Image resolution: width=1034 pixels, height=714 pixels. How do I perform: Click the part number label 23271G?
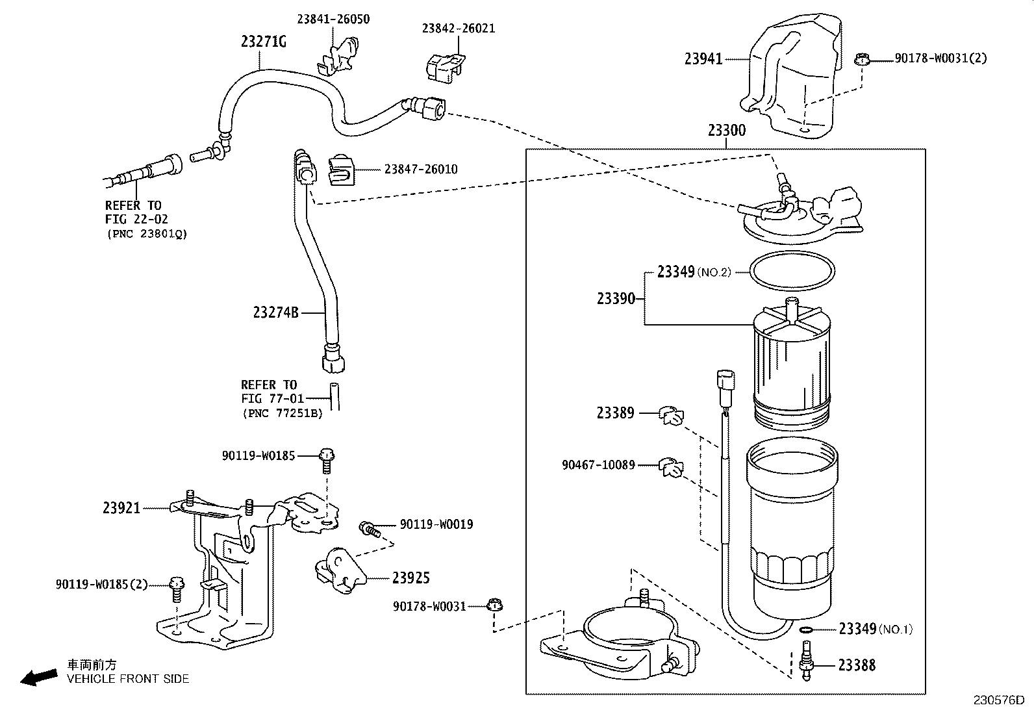pyautogui.click(x=263, y=42)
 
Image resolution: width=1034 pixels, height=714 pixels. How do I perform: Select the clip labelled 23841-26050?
pyautogui.click(x=339, y=57)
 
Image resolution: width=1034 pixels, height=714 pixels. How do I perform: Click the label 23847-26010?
pyautogui.click(x=420, y=169)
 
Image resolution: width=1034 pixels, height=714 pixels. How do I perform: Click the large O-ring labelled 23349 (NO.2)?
pyautogui.click(x=792, y=271)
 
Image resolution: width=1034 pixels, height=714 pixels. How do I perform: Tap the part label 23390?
pyautogui.click(x=616, y=299)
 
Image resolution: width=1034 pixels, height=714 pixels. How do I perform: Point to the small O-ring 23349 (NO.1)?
pyautogui.click(x=805, y=629)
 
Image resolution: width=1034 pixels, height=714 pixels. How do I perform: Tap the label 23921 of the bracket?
pyautogui.click(x=121, y=508)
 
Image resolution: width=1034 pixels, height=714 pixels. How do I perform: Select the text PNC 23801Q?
pyautogui.click(x=147, y=234)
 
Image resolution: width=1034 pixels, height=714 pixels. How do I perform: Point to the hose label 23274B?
pyautogui.click(x=275, y=312)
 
